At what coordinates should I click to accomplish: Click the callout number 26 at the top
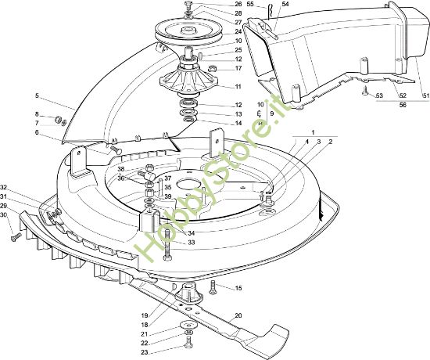click(238, 4)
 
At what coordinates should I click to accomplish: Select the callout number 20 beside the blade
click(238, 316)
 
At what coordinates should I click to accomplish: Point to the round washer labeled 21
click(188, 326)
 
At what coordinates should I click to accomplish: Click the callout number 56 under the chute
click(403, 105)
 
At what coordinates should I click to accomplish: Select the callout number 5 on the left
click(37, 95)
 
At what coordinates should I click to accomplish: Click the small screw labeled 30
click(16, 236)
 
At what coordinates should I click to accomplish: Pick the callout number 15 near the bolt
click(238, 288)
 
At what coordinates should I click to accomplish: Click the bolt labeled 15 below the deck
click(213, 286)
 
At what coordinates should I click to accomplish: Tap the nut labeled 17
click(212, 67)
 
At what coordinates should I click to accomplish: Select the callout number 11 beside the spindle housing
click(238, 87)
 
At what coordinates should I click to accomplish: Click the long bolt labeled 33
click(167, 245)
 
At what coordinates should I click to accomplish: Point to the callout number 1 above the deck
click(314, 132)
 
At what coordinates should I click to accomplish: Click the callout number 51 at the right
click(425, 95)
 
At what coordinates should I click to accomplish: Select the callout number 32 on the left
click(4, 188)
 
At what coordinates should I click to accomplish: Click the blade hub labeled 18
click(188, 293)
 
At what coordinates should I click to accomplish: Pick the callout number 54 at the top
click(285, 4)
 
